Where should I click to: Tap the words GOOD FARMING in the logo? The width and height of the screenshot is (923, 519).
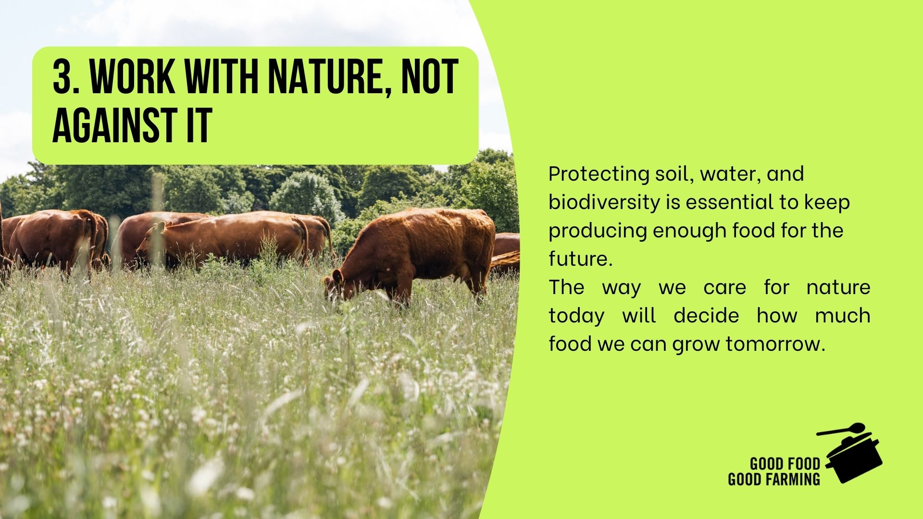[774, 479]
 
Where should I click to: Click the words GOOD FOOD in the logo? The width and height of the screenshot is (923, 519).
[785, 464]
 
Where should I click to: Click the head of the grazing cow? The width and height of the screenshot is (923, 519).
[339, 287]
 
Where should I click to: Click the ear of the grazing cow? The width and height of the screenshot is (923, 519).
[338, 276]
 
